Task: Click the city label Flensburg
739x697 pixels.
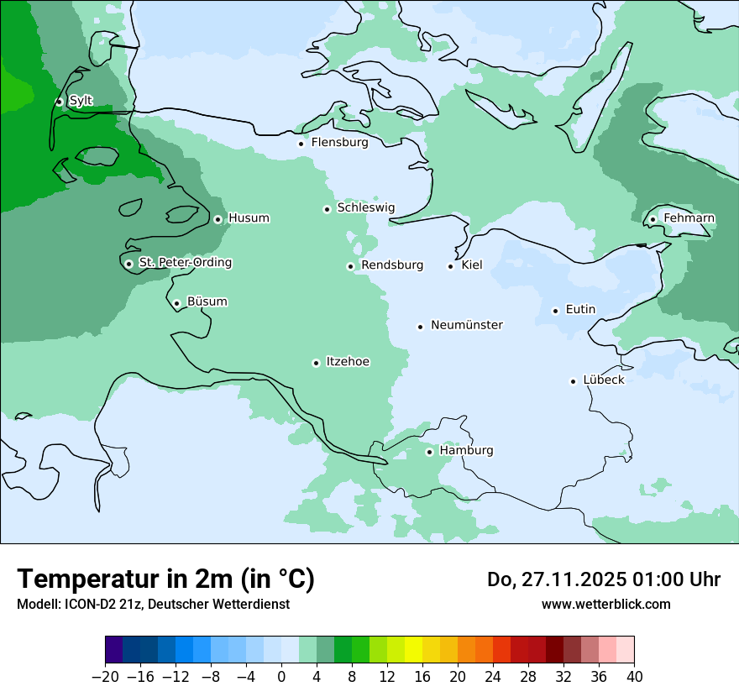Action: point(339,143)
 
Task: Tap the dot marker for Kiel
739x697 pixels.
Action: point(451,266)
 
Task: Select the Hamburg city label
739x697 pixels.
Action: point(466,451)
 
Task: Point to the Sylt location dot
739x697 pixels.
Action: point(59,102)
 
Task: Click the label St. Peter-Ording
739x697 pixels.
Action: point(185,263)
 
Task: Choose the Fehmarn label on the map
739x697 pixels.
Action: point(689,218)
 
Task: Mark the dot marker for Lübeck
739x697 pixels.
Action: point(574,381)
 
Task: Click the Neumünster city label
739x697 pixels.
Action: point(467,325)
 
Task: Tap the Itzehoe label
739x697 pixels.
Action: point(348,362)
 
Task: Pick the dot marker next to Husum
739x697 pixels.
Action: point(218,219)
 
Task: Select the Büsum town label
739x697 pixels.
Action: point(207,301)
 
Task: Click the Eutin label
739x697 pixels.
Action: point(580,310)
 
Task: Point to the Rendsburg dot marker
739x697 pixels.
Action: point(350,266)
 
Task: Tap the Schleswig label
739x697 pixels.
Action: point(365,208)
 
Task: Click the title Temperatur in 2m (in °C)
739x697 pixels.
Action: point(165,579)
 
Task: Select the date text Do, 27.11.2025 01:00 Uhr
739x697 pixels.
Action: point(603,579)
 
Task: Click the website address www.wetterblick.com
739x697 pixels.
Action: point(605,604)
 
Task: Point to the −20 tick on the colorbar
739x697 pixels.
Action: point(106,677)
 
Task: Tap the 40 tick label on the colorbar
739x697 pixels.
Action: point(634,677)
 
